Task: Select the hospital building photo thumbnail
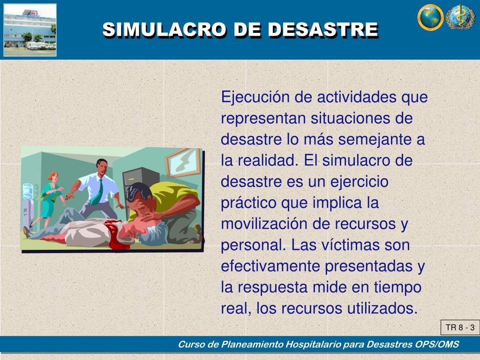tap(30, 30)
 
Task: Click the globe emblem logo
tap(430, 17)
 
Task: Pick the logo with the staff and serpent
tap(460, 17)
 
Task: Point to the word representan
tap(263, 119)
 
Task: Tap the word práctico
tap(248, 203)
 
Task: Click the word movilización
tap(263, 224)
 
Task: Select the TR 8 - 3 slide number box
tap(460, 328)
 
